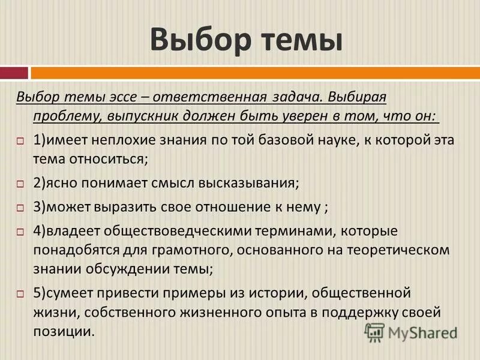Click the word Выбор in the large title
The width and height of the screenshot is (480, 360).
click(x=196, y=40)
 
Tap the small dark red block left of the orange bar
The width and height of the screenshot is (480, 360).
click(x=13, y=73)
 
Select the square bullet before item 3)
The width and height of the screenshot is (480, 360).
click(x=20, y=208)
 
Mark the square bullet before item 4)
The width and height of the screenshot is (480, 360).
click(x=20, y=232)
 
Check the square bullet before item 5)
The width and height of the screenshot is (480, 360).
click(x=20, y=294)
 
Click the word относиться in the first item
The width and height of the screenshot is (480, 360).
click(x=111, y=160)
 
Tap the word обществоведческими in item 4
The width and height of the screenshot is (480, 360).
click(x=172, y=231)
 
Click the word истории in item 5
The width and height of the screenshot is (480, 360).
click(x=284, y=294)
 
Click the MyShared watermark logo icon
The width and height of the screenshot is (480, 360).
click(x=375, y=332)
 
